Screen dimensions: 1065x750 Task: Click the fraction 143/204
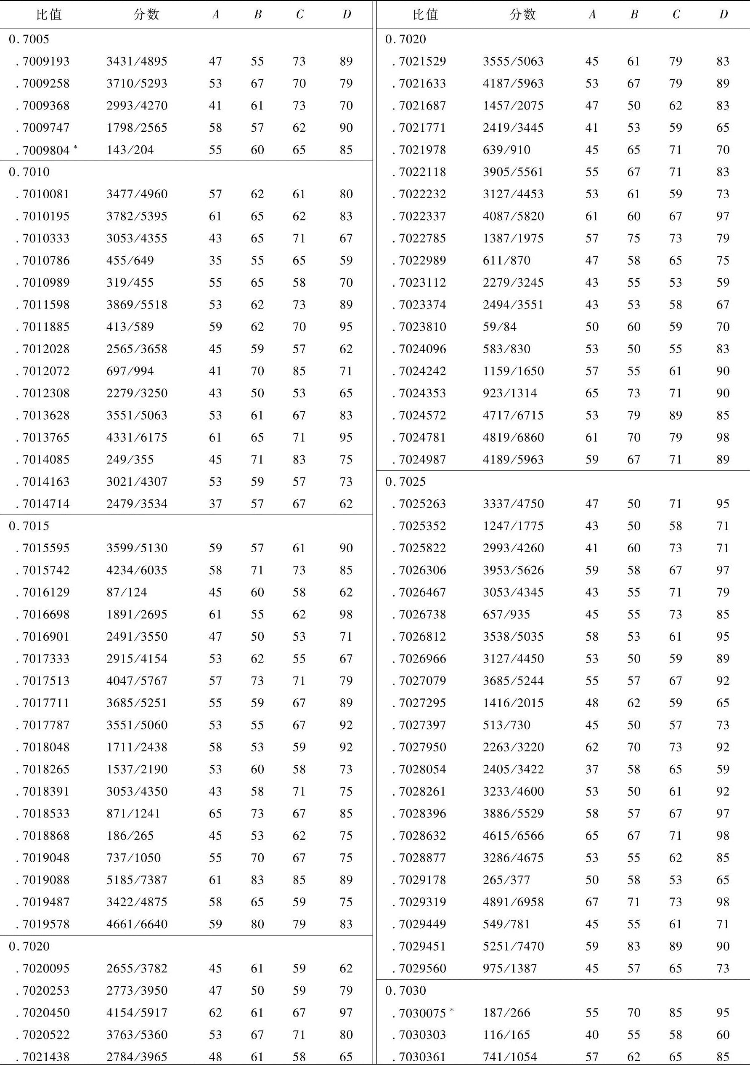(x=130, y=150)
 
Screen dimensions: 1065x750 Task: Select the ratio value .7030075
(x=422, y=1012)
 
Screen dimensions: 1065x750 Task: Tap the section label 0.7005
(x=29, y=40)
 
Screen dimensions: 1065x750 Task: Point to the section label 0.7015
(x=29, y=526)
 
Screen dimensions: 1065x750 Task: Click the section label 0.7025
(x=405, y=482)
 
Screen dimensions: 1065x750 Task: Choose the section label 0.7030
(x=405, y=990)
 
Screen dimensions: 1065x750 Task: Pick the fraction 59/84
(x=499, y=327)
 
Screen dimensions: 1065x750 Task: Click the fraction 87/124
(x=126, y=592)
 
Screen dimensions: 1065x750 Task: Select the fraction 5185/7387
(x=137, y=880)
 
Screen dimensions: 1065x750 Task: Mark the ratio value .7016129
(x=45, y=592)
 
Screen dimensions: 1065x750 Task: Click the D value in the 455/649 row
(x=346, y=261)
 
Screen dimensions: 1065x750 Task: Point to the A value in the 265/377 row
(x=591, y=880)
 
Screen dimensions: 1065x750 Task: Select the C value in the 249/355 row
(x=299, y=460)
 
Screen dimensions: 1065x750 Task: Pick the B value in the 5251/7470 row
(x=633, y=946)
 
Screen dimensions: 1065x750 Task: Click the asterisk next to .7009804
(x=75, y=147)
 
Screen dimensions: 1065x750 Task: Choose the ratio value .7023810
(x=422, y=327)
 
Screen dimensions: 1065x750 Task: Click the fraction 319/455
(x=130, y=282)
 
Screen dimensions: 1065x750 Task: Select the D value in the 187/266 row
(x=722, y=1012)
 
